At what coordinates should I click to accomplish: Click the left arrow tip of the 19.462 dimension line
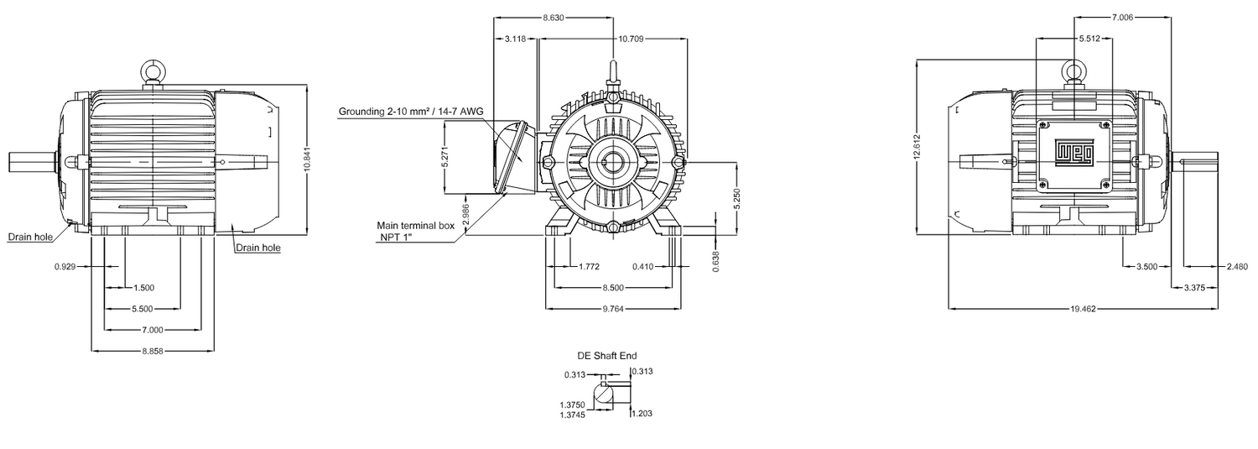coord(949,309)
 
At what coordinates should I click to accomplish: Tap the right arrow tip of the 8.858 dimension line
coord(215,351)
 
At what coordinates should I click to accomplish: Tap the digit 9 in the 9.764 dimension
coord(605,309)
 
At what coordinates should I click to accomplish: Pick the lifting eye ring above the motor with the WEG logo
coord(1073,71)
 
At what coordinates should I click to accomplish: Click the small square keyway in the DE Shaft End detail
coord(603,384)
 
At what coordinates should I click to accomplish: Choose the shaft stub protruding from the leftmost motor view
coord(32,162)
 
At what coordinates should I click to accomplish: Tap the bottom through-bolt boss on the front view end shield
coord(613,227)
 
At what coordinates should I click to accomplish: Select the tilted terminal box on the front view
coord(512,157)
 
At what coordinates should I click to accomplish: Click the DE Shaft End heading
coord(607,356)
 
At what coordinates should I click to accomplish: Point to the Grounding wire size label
coord(411,112)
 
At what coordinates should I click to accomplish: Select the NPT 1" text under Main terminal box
coord(393,237)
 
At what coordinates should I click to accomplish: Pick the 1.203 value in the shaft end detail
coord(642,414)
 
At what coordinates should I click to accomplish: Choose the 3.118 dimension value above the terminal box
coord(515,39)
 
